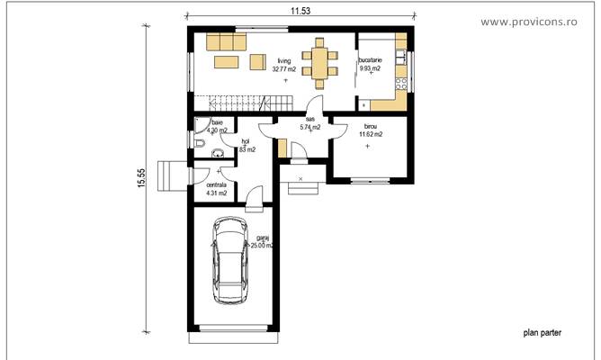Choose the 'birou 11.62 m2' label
pos(371,130)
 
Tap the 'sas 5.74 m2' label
pos(309,123)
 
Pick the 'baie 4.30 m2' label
pos(217,127)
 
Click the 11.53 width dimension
pos(301,9)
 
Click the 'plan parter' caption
pos(542,332)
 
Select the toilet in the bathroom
pos(198,145)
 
